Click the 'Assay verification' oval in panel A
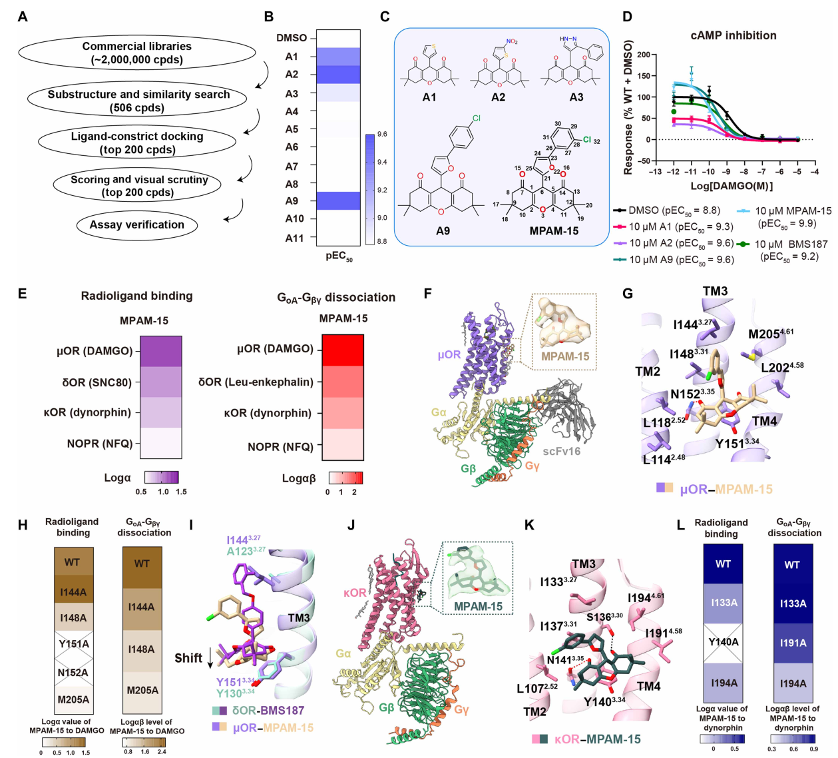tap(136, 225)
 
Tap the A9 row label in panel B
tap(292, 200)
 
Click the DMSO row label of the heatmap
tap(292, 38)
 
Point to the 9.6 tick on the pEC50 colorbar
tap(382, 134)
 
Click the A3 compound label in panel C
tap(576, 97)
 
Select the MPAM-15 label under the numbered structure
tap(554, 231)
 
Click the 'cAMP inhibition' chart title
tap(733, 35)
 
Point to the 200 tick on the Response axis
tap(643, 55)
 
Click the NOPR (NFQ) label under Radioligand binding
tap(100, 444)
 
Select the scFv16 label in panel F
tap(560, 451)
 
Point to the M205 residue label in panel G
tap(770, 334)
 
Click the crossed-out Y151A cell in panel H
tap(73, 643)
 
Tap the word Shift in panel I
tap(188, 658)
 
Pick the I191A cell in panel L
tap(793, 643)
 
